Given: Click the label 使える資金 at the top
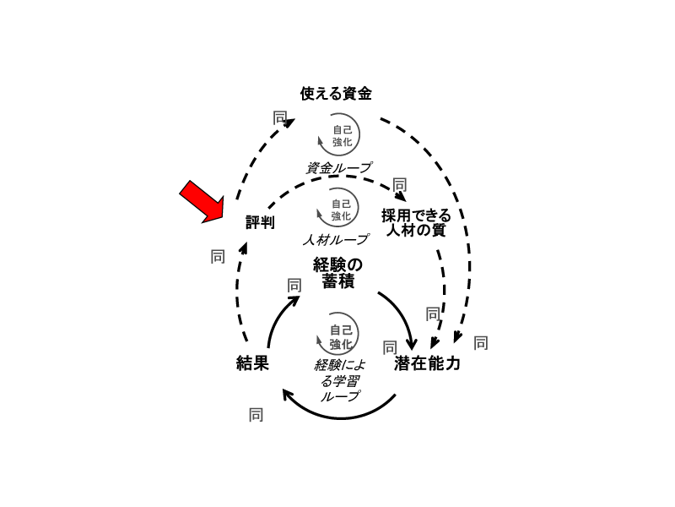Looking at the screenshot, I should tap(336, 93).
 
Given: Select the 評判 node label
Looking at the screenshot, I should tap(260, 222).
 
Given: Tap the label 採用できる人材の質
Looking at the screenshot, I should tap(416, 222).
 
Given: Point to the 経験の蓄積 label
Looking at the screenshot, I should tap(337, 272).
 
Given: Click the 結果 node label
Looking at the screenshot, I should tap(252, 363).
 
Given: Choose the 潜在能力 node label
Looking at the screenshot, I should tap(428, 364).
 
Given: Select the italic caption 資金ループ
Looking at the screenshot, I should tap(338, 167).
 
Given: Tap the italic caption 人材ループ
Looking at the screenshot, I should tap(336, 239).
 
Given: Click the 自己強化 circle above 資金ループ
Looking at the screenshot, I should tap(340, 134).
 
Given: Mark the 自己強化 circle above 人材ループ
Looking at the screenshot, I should tap(340, 209).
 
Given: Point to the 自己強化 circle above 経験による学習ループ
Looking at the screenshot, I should tap(340, 336).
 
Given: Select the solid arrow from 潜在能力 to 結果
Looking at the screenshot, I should tap(337, 413).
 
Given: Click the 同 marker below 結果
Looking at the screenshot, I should tap(256, 414).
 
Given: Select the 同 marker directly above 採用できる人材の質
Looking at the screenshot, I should tap(400, 184).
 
